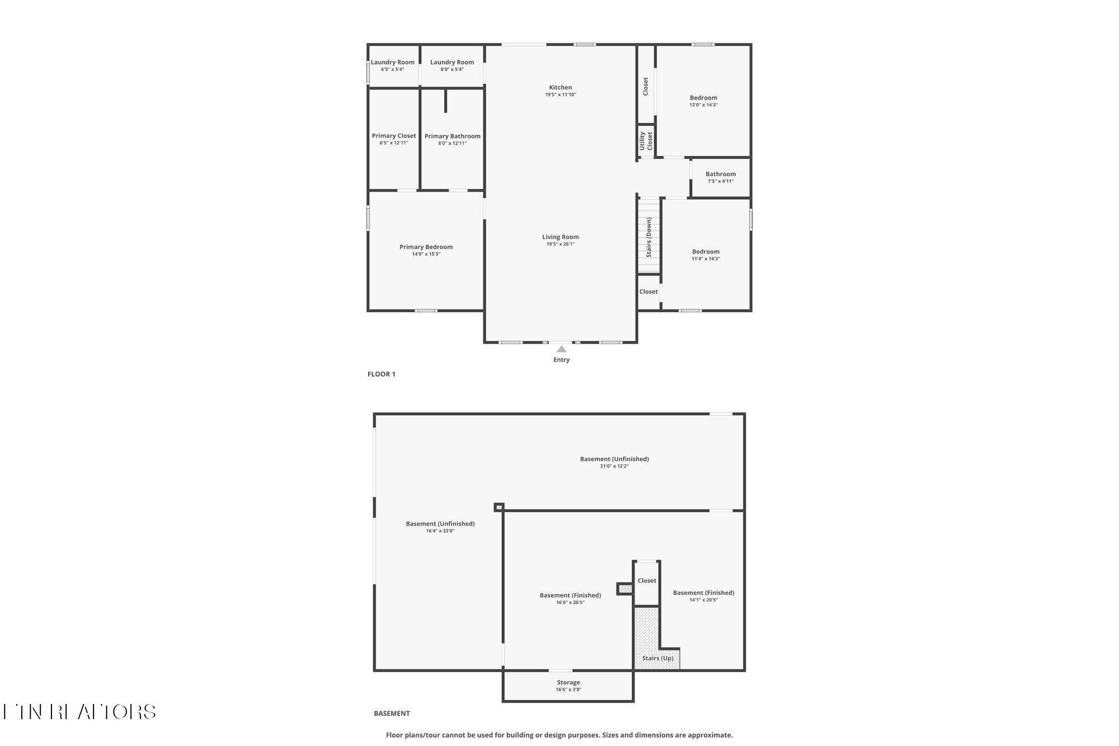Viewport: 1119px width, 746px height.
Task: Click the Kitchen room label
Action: coord(560,87)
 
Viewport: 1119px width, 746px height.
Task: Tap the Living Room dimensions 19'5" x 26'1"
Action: coord(560,244)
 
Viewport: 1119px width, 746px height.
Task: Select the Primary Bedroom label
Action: coord(426,247)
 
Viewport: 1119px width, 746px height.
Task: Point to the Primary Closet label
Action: coord(394,135)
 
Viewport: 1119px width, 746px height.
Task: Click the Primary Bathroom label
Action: coord(452,136)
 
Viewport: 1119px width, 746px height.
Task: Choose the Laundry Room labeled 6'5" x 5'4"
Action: coord(392,62)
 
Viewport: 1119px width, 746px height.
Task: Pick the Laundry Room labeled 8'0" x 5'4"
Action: coord(452,62)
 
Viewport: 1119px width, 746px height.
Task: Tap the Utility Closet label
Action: coord(646,140)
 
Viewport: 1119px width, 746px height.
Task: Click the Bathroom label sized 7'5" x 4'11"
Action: coord(720,174)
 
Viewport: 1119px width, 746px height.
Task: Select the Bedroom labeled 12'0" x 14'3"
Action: coord(703,97)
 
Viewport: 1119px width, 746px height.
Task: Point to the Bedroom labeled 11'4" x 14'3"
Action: coord(706,251)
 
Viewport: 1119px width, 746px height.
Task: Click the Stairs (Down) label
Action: coord(649,237)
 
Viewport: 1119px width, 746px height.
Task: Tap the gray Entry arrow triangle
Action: coord(561,349)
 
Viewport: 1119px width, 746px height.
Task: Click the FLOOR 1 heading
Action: coord(381,374)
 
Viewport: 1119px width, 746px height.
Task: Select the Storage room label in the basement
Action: coord(568,682)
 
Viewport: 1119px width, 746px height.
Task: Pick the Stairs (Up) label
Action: coord(657,658)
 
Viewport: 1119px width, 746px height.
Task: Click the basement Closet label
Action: coord(647,580)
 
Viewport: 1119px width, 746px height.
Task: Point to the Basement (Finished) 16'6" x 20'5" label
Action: coord(570,595)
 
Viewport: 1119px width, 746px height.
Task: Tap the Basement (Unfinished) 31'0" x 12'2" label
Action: coord(614,459)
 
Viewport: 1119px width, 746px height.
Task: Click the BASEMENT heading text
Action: coord(392,713)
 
